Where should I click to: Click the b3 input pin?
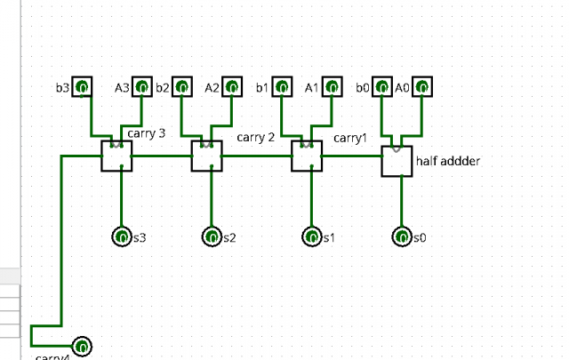coord(81,87)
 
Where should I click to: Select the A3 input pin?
coord(140,87)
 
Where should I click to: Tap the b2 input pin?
coord(181,87)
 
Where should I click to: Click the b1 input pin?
coord(281,87)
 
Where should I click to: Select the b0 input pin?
coord(381,87)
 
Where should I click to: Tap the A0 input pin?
coord(422,87)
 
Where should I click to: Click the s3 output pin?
coord(122,237)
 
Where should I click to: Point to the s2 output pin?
coord(212,237)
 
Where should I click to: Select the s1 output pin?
coord(311,237)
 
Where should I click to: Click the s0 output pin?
coord(402,237)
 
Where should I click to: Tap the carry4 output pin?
coord(81,346)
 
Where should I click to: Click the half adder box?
coord(397,160)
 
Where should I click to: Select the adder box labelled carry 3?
coord(116,156)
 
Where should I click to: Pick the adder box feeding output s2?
coord(206,156)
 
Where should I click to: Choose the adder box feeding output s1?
coord(307,156)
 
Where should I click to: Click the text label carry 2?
coord(255,137)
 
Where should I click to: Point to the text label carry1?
coord(350,138)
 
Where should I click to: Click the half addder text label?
coord(446,162)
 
